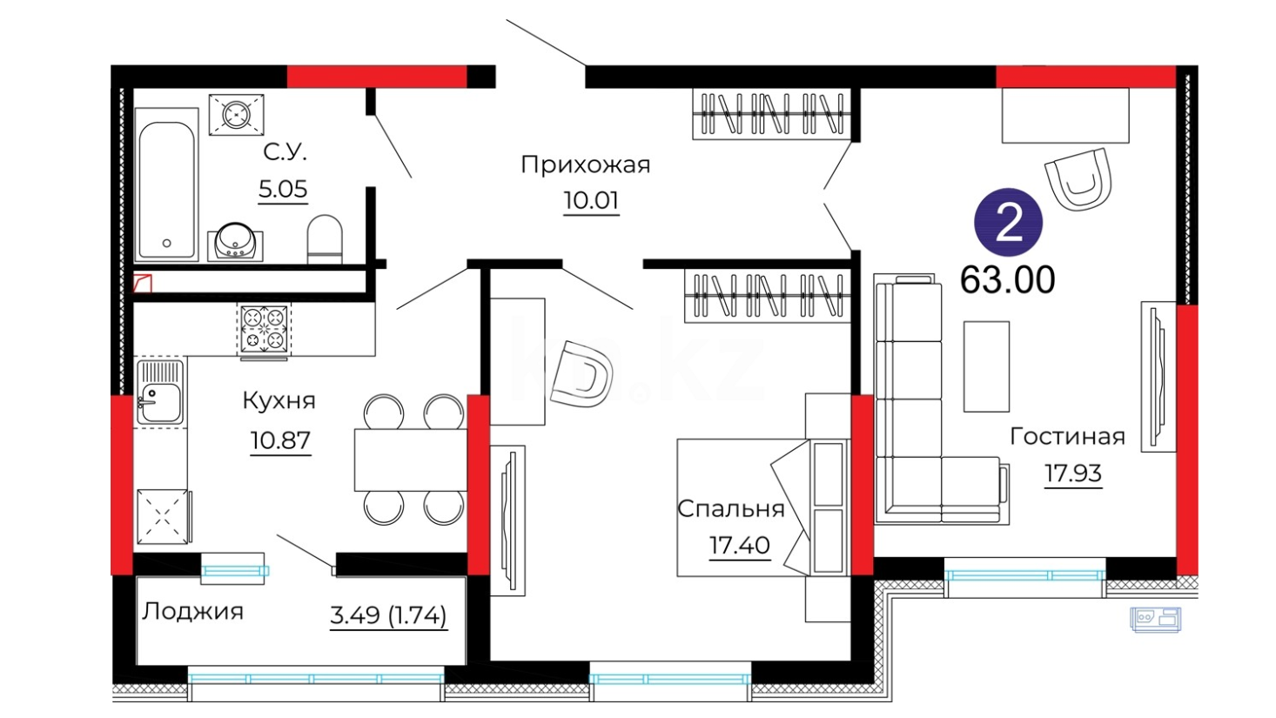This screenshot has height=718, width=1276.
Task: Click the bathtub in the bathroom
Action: [166, 185]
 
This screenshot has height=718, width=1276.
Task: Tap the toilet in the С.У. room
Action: [325, 239]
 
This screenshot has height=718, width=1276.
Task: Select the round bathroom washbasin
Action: [235, 242]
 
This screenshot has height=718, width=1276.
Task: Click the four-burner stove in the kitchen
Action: [264, 330]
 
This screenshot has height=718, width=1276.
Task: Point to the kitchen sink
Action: [160, 393]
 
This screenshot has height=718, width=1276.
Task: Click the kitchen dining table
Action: [411, 460]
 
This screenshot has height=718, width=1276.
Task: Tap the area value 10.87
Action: [280, 441]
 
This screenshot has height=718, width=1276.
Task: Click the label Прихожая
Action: [585, 165]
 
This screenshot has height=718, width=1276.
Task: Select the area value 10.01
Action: [591, 200]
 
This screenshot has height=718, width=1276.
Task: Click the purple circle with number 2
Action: [1008, 223]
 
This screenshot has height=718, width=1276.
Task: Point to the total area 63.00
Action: [1007, 279]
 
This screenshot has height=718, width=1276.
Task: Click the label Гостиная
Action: [1067, 437]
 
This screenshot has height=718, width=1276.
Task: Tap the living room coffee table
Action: [986, 366]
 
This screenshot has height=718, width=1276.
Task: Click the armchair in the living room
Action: [1078, 179]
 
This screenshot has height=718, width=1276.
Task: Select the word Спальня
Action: [731, 509]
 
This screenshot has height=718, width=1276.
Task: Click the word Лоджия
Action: [192, 612]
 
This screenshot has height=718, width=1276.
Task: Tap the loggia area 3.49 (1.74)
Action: [388, 615]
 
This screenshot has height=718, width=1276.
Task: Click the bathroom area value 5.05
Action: [283, 189]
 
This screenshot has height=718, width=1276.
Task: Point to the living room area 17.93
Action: [1073, 473]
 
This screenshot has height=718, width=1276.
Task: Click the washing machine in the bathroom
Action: [237, 115]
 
